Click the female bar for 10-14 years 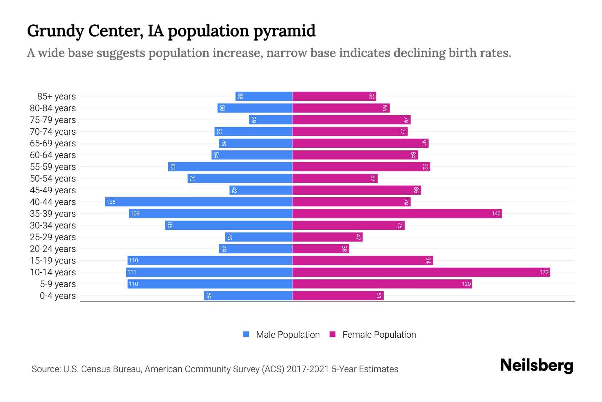pos(421,272)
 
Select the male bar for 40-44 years pos(199,202)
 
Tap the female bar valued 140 pos(397,213)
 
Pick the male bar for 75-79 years pos(271,120)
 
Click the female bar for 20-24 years pos(321,249)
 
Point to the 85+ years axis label pos(56,96)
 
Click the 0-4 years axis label pos(58,296)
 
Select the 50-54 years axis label pos(53,179)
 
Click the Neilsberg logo pos(536,365)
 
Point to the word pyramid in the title pos(284,31)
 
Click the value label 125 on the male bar pos(111,202)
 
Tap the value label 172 pos(544,272)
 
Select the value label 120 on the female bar pos(466,284)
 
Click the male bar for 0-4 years pos(248,295)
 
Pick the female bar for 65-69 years pos(360,143)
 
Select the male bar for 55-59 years pos(230,166)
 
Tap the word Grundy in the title pos(55,31)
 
